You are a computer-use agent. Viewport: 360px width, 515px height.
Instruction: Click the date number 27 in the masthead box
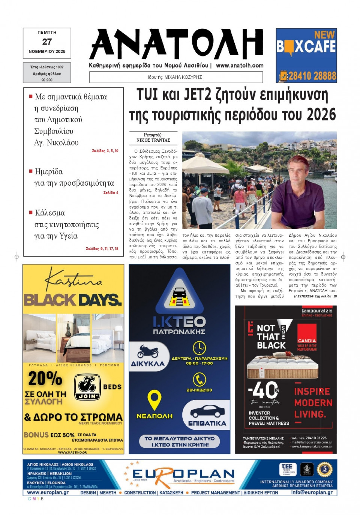pos(47,42)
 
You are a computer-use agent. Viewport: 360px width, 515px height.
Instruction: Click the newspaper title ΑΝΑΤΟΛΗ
pos(176,44)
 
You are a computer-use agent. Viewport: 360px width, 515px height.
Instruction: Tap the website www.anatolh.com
pos(240,65)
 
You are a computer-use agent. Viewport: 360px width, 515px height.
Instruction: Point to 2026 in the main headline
pos(321,115)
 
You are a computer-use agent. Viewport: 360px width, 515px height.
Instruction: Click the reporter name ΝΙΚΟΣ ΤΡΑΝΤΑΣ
pos(153,140)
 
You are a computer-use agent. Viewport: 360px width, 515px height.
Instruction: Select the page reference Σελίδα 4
pos(111,192)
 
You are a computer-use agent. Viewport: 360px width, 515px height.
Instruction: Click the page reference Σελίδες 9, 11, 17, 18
pos(102,249)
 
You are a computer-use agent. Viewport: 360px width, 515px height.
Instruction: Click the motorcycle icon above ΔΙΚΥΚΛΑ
pos(148,351)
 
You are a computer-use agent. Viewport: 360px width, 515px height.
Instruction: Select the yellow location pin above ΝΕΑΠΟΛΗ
pos(154,400)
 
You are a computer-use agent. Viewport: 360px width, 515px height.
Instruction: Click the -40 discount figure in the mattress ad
pos(264,390)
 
